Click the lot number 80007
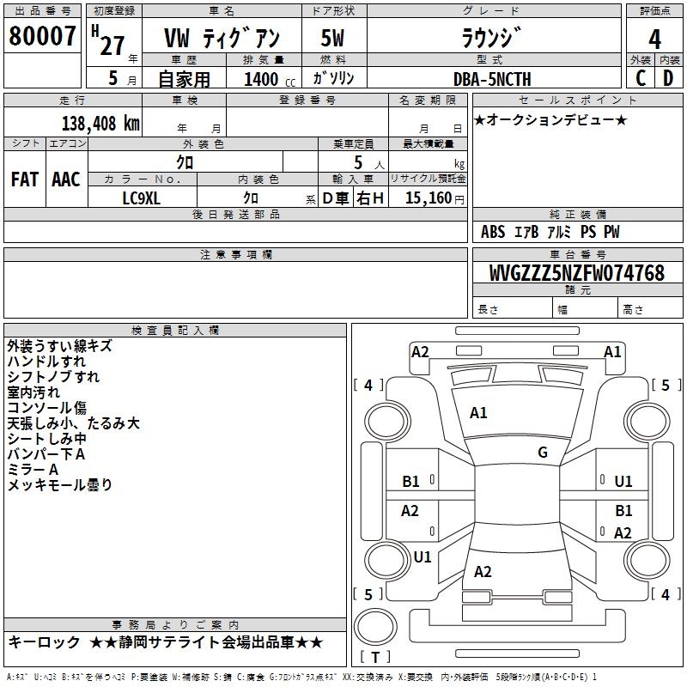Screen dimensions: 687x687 click(x=41, y=38)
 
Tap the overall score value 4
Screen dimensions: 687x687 click(x=654, y=40)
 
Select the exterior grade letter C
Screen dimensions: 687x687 click(x=640, y=78)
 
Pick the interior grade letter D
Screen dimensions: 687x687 click(x=668, y=78)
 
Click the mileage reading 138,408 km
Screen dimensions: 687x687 click(x=100, y=123)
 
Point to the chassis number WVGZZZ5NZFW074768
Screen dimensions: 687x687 click(x=576, y=273)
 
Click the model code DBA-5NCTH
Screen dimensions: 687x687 click(x=492, y=79)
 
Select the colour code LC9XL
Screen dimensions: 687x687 click(x=142, y=198)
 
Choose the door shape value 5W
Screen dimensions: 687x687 click(x=333, y=40)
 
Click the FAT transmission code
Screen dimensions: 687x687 click(x=24, y=179)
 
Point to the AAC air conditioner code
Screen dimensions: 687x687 click(x=65, y=179)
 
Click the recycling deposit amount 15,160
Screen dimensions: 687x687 click(x=429, y=198)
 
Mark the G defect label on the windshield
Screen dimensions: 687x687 click(x=542, y=453)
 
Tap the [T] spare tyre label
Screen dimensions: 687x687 click(x=375, y=657)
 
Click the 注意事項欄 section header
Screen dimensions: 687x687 click(x=236, y=254)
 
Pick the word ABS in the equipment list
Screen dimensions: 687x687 click(x=493, y=232)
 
